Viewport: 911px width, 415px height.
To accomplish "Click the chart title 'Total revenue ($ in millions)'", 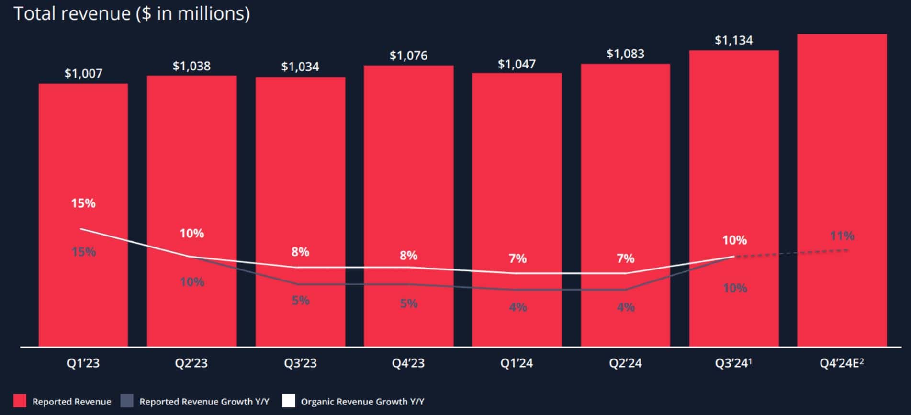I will coord(132,13).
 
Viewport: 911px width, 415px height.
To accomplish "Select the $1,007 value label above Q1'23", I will coord(83,73).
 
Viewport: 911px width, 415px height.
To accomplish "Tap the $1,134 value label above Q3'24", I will coord(733,40).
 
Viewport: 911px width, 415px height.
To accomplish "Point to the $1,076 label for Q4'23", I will coord(408,56).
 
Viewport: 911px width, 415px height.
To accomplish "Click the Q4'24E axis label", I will coord(842,363).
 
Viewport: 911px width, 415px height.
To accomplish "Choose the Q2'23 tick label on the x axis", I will coord(191,363).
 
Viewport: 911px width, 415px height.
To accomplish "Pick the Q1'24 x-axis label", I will coord(517,363).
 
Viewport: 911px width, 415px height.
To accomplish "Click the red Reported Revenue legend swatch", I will coord(20,401).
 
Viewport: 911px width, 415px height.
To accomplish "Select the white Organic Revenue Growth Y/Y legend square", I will coord(289,401).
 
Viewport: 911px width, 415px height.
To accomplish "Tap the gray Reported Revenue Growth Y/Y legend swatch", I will coord(127,401).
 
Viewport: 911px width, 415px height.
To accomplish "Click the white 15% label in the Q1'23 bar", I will coord(83,203).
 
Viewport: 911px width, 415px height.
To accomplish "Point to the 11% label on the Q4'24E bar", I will coord(842,236).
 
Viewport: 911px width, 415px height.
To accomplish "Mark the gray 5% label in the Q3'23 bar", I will coord(301,301).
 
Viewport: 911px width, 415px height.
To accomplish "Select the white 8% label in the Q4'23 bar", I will coord(408,256).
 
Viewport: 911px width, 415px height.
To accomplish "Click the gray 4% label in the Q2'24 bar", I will coord(626,307).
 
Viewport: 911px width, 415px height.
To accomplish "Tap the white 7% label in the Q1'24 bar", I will coord(517,258).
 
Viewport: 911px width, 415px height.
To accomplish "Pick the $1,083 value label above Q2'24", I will coord(625,54).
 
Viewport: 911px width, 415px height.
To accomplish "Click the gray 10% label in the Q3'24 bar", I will coord(735,288).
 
